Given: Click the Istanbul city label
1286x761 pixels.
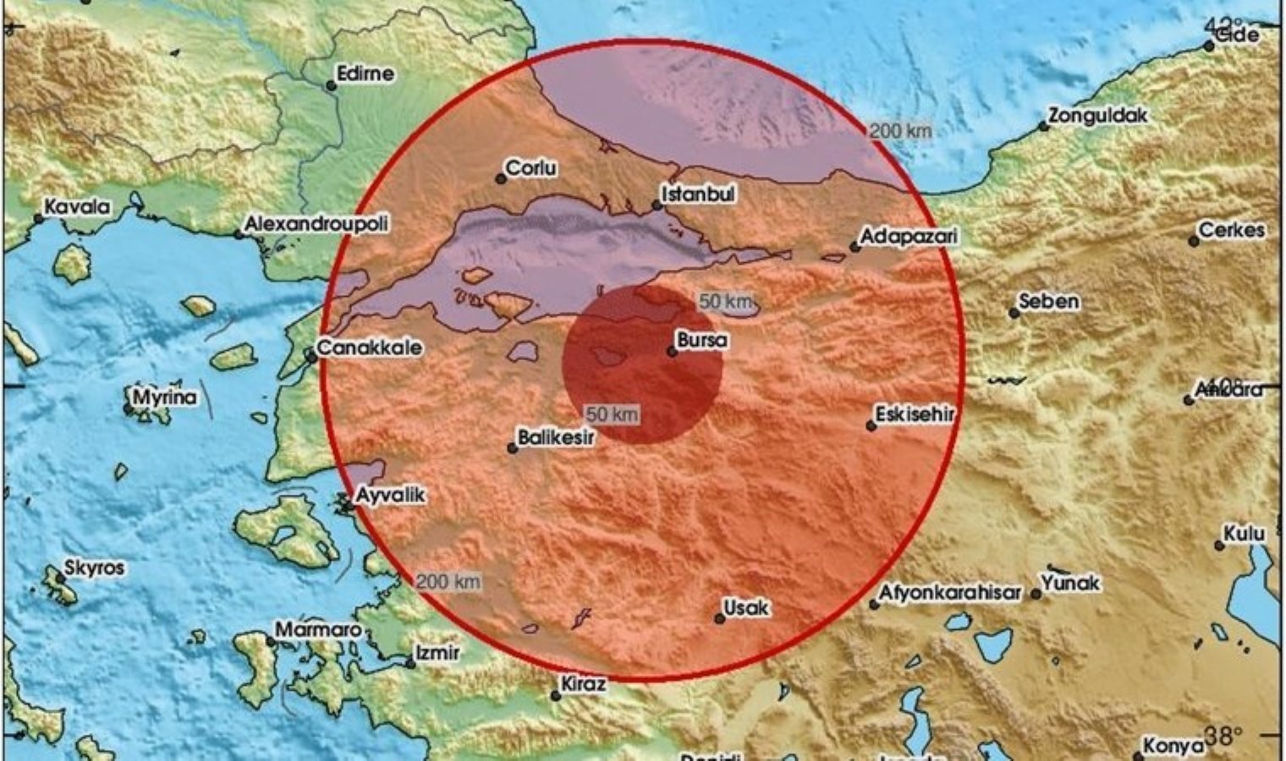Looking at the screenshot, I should pos(698,194).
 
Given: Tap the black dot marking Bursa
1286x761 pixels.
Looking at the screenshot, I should pos(673,351).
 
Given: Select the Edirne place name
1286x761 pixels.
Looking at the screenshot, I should pos(365,74).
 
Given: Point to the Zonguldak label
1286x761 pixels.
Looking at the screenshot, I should pos(1097,116).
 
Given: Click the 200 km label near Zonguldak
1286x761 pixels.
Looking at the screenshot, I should pos(900,130).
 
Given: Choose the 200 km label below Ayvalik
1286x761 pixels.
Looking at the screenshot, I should pos(448,582).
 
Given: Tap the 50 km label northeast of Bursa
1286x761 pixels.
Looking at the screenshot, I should pos(725,302).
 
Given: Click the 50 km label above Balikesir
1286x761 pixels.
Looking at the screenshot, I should pos(612,414).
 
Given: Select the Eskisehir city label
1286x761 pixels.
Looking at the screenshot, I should pos(915,414).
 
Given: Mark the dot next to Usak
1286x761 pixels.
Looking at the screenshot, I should pos(720,619).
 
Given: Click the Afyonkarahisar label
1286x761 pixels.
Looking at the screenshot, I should pos(949,594).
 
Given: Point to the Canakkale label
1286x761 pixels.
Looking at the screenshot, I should pos(370,348).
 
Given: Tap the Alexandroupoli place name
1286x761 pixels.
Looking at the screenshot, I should pos(316,224).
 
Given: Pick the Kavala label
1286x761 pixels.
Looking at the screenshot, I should pos(77,206).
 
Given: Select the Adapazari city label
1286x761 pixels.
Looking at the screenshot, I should pos(908,237).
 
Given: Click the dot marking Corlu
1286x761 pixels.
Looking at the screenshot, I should pos(500,178).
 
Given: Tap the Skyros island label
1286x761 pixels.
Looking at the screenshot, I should pos(95,568).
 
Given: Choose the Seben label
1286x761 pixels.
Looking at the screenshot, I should pos(1049,301).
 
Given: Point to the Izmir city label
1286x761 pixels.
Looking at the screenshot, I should pos(437,653).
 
